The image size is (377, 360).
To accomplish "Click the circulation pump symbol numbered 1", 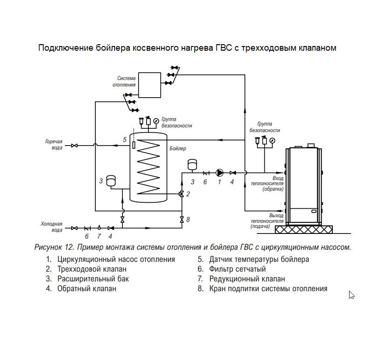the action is (219, 173).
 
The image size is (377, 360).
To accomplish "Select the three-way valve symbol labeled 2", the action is (182, 193).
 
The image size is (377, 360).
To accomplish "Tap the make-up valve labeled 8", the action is (182, 220).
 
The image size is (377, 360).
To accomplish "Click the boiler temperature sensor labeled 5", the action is (134, 145).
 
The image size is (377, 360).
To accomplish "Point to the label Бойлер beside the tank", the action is (178, 148).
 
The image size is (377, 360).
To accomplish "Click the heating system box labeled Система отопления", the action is (149, 85).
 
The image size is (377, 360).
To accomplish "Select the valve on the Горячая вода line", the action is (74, 146).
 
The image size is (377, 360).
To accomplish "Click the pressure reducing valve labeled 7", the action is (99, 227).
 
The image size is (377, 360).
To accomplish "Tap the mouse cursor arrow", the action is (351, 295).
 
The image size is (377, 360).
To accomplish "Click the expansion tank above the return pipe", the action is (192, 165).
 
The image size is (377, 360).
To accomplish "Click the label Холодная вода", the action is (52, 227).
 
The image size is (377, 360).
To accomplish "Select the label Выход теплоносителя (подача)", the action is (267, 221).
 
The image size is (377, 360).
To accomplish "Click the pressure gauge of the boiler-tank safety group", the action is (156, 121).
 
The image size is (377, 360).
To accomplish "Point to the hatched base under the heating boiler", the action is (303, 229).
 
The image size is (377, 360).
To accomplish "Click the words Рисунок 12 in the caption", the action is (54, 247).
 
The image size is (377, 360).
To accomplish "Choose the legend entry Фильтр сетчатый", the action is (237, 269).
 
